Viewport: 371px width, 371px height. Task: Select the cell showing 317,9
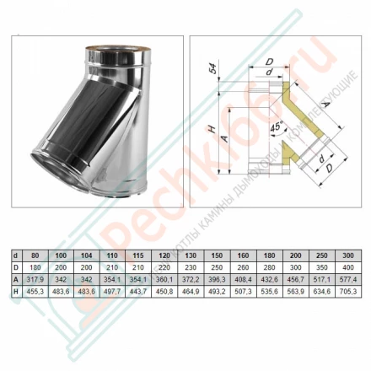[x=35, y=280]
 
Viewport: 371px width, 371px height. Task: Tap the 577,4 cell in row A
[x=347, y=280]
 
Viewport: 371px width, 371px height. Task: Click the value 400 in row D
[x=347, y=266]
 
